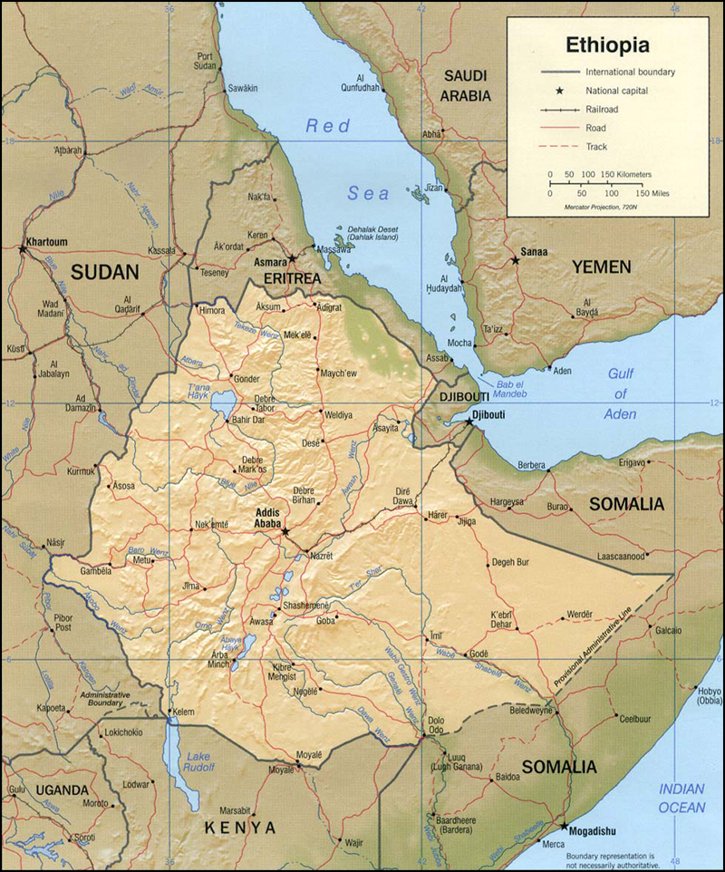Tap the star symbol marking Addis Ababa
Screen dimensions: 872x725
(x=285, y=532)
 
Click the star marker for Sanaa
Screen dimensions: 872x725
(x=515, y=261)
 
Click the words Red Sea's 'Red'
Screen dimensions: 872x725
(x=327, y=126)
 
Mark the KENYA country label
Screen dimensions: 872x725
(x=239, y=827)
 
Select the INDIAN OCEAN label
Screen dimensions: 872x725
(x=681, y=798)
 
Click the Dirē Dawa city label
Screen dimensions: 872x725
(x=403, y=496)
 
